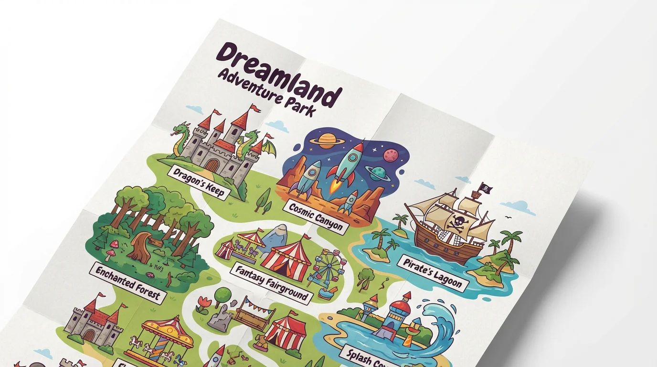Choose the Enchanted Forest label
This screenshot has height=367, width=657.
pyautogui.click(x=127, y=282)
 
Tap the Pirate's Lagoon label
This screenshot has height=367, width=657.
pyautogui.click(x=432, y=274)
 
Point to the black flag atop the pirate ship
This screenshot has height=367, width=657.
pyautogui.click(x=485, y=187)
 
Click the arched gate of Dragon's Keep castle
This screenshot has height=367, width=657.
pyautogui.click(x=212, y=165)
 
